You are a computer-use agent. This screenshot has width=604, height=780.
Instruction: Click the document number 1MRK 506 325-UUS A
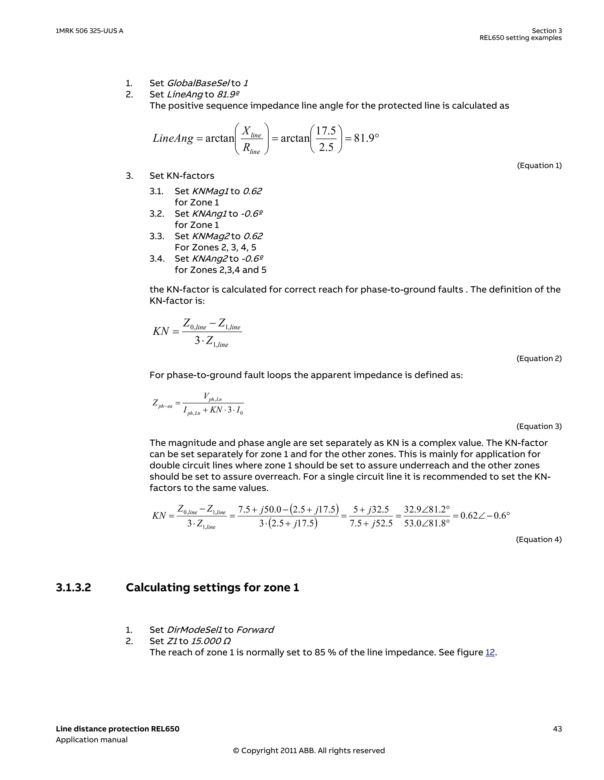89,31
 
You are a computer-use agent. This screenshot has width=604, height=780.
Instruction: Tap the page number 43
557,729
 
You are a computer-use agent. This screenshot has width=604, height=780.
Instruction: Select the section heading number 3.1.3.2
73,587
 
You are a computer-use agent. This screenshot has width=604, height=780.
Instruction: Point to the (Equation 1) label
539,165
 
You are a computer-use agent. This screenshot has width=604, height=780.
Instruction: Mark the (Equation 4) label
538,539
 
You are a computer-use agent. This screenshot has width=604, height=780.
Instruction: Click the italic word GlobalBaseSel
198,83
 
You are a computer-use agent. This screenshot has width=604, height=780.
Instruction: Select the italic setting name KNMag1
210,191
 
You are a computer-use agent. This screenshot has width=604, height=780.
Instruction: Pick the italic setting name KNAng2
210,259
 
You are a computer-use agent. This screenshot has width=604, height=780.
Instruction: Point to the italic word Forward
255,630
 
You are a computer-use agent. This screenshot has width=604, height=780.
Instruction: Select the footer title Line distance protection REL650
117,729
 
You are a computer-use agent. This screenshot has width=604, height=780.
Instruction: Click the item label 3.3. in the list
157,236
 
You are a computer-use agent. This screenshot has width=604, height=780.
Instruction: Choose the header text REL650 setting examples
521,38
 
